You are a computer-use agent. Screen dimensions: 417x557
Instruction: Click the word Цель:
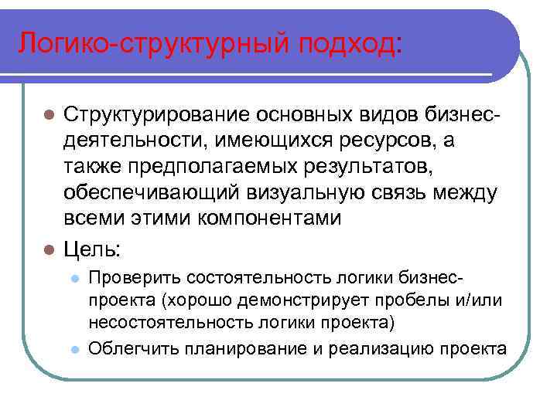[92, 250]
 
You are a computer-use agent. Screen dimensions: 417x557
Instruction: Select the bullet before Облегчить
[73, 349]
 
